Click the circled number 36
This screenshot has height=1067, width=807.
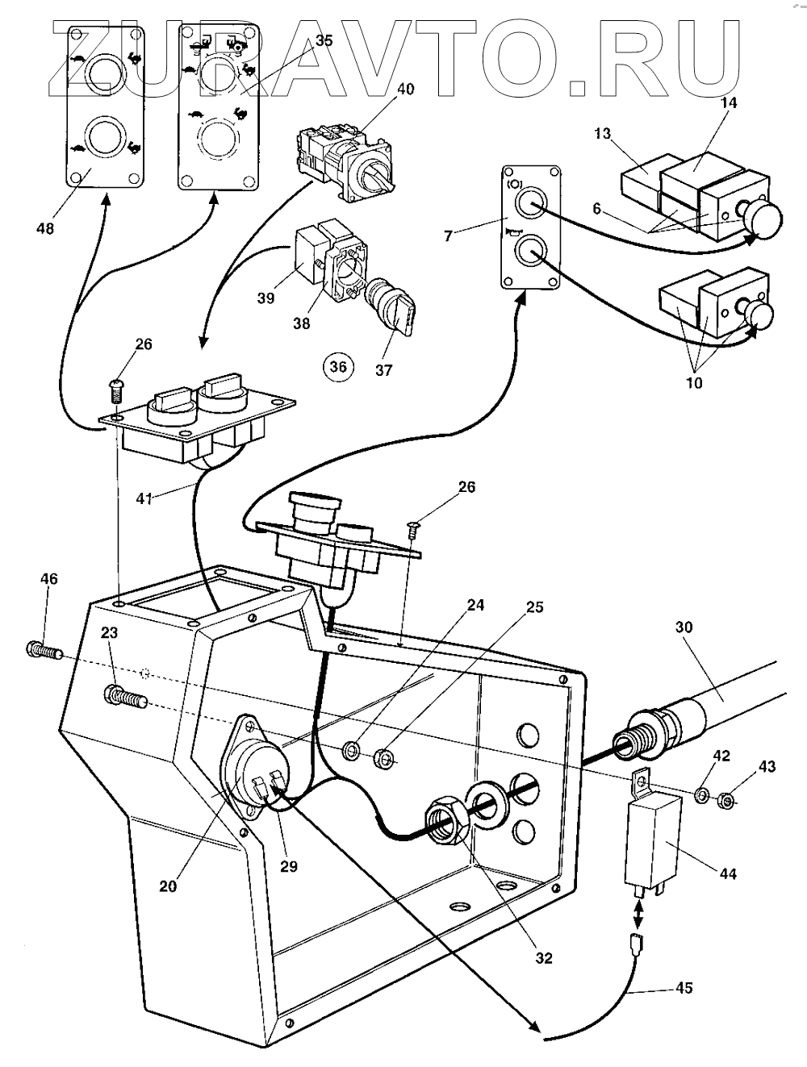[338, 365]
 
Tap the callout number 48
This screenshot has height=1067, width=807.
[45, 227]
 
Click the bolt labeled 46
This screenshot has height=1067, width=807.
[43, 650]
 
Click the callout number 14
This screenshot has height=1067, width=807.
[730, 102]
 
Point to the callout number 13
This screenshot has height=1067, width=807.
[602, 133]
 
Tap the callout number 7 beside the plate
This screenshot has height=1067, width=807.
[449, 235]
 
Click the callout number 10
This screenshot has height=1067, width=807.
[694, 383]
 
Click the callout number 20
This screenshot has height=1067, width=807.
[168, 886]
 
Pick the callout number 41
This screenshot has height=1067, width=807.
[144, 498]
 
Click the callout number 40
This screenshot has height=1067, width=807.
[405, 89]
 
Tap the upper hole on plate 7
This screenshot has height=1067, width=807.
[529, 204]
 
